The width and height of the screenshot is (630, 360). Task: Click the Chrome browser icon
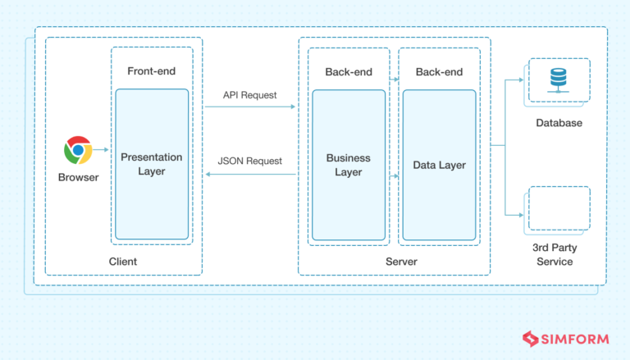[78, 150]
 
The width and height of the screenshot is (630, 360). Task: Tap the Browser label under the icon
[79, 177]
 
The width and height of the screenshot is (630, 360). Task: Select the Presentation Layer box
[152, 164]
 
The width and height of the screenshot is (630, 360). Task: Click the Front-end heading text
[152, 71]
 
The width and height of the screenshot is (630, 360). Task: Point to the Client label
[123, 262]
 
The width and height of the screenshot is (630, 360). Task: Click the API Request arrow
[250, 107]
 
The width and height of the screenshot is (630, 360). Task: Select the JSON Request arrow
[251, 175]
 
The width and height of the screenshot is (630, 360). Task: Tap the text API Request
[250, 95]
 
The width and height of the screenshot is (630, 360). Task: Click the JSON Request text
[250, 161]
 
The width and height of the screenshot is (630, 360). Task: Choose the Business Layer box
[349, 165]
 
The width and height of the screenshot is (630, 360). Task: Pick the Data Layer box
[439, 165]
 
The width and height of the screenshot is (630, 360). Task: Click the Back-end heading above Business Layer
[349, 72]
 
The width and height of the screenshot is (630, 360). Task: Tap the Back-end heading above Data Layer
[439, 72]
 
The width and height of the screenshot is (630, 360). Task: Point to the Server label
[401, 262]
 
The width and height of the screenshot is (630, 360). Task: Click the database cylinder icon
[559, 80]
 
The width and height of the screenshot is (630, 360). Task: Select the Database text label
[559, 123]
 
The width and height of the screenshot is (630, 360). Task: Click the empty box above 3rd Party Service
[559, 208]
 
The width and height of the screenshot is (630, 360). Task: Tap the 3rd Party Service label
[555, 254]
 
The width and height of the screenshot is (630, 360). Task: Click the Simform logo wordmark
[566, 339]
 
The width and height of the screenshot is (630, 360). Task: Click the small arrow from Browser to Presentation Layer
[101, 149]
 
